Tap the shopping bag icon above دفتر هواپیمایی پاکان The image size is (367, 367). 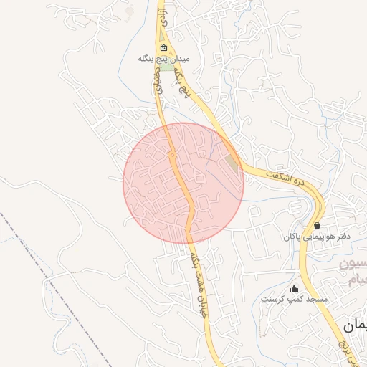317,225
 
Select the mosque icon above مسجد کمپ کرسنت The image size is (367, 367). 293,288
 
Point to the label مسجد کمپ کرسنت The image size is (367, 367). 293,298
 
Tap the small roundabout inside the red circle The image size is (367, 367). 171,154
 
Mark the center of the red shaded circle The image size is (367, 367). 183,183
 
